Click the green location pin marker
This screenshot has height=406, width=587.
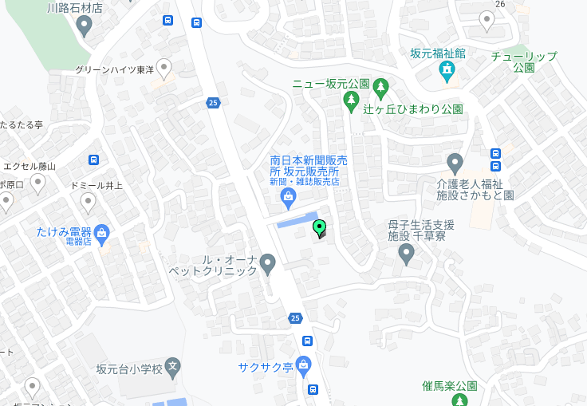[319, 228]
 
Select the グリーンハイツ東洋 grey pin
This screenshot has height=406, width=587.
[164, 69]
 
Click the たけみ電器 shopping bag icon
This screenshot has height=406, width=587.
[101, 232]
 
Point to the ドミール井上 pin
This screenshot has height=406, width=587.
[88, 201]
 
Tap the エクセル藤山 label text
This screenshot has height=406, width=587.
[30, 167]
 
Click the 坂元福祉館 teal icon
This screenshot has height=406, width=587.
[447, 71]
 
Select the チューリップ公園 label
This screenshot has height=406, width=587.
[523, 61]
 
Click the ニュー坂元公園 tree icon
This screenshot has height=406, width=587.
[350, 100]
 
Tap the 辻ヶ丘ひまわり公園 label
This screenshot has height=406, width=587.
[413, 109]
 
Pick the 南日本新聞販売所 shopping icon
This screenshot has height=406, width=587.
[289, 196]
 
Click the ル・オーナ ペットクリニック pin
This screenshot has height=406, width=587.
[268, 262]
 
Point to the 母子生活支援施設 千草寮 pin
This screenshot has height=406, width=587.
[406, 254]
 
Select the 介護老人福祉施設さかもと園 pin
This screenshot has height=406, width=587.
[455, 164]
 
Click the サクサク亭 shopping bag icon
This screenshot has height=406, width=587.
[303, 366]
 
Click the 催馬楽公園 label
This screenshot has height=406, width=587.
[449, 386]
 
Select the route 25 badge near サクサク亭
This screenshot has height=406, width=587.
[295, 319]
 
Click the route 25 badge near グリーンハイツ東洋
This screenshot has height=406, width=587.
[212, 102]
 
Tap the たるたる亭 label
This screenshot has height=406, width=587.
[22, 125]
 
